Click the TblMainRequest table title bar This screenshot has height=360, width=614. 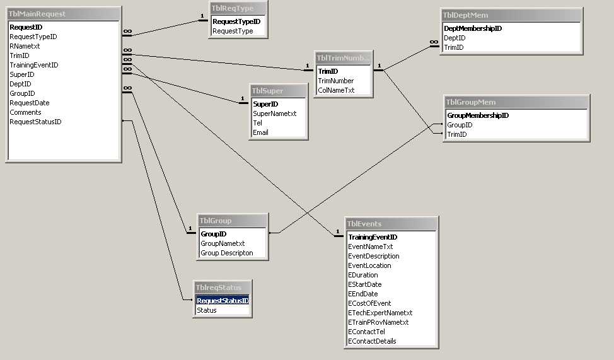pyautogui.click(x=63, y=14)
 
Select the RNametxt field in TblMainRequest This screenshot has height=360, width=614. pyautogui.click(x=25, y=46)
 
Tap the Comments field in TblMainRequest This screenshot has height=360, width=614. pyautogui.click(x=25, y=112)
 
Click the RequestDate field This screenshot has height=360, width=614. pyautogui.click(x=30, y=103)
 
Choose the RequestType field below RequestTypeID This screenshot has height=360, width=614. pyautogui.click(x=233, y=31)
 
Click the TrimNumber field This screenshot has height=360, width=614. pyautogui.click(x=335, y=81)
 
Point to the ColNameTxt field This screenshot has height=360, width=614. pyautogui.click(x=336, y=90)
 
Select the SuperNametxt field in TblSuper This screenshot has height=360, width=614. pyautogui.click(x=274, y=113)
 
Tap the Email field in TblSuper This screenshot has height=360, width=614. pyautogui.click(x=260, y=132)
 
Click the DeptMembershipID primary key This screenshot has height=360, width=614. pyautogui.click(x=473, y=28)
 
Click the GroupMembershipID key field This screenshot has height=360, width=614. pyautogui.click(x=478, y=115)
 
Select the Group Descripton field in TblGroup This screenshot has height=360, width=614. pyautogui.click(x=227, y=253)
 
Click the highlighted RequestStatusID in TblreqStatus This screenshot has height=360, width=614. pyautogui.click(x=223, y=301)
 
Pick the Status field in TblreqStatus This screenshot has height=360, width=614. pyautogui.click(x=206, y=310)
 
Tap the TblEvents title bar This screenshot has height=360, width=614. pyautogui.click(x=391, y=224)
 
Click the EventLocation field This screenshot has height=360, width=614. pyautogui.click(x=369, y=265)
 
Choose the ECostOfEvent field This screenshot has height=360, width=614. pyautogui.click(x=369, y=303)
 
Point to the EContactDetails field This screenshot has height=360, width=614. pyautogui.click(x=372, y=341)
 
